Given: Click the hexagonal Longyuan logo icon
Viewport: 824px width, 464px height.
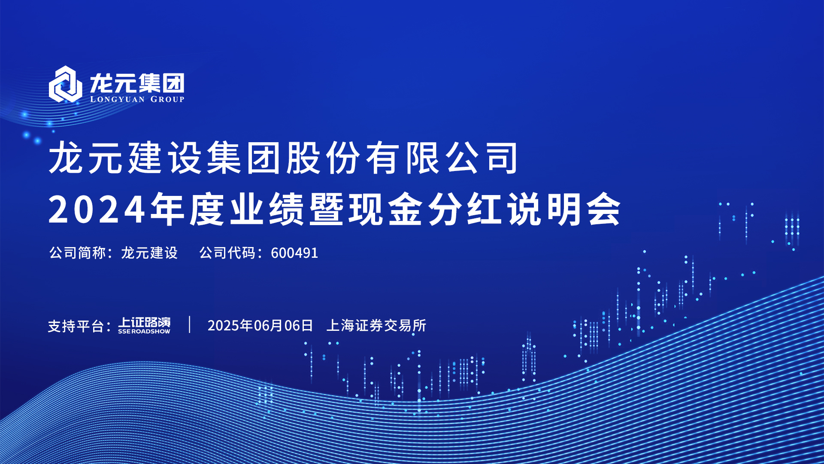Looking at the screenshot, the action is [65, 84].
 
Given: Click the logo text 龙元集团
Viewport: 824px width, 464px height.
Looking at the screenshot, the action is [137, 82].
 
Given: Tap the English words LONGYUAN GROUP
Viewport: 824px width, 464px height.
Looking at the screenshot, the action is [137, 99].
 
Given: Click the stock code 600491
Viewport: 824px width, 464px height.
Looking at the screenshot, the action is [294, 253].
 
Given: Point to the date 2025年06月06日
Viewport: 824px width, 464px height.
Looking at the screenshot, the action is [260, 326].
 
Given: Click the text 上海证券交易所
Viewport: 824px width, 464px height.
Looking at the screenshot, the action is [376, 326].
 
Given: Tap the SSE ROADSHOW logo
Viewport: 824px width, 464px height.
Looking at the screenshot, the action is [144, 325].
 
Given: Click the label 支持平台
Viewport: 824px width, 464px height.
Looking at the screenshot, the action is [76, 326].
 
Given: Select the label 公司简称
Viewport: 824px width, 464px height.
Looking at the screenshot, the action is [78, 253].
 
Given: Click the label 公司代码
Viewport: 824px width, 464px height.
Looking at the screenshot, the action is [227, 253].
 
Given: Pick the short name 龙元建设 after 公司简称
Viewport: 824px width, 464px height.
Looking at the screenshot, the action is [149, 253].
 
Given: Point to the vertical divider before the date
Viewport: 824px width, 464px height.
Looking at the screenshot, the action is [190, 324].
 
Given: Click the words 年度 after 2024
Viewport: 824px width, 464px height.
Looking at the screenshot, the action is [188, 209].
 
